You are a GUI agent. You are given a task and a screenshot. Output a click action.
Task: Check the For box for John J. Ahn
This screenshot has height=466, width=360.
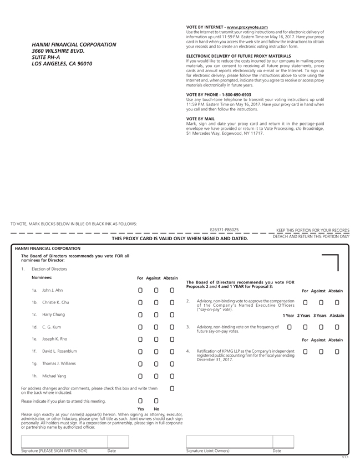click(140, 290)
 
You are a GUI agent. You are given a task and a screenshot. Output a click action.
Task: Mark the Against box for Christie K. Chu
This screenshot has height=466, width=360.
click(156, 302)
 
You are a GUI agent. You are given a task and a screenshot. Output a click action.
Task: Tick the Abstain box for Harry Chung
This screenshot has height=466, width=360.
click(172, 315)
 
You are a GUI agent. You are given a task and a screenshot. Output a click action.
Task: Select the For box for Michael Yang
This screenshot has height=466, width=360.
click(140, 376)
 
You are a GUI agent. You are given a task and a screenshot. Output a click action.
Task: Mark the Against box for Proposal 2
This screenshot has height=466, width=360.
click(321, 302)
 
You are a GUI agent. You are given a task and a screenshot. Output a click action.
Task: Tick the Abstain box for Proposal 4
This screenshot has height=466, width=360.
click(337, 351)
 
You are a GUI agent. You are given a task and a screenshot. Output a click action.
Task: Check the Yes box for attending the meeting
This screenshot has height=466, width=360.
click(140, 401)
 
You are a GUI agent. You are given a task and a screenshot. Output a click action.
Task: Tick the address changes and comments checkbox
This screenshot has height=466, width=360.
click(172, 388)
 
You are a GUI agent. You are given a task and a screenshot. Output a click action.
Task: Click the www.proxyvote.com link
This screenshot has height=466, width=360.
click(247, 27)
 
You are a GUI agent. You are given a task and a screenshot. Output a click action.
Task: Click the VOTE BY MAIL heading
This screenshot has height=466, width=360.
click(200, 119)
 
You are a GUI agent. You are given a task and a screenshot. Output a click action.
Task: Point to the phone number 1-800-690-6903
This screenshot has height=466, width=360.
click(235, 95)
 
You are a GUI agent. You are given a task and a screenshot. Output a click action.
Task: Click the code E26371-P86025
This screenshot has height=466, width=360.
click(224, 229)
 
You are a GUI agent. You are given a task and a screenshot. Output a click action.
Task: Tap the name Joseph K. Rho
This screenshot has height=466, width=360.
click(55, 339)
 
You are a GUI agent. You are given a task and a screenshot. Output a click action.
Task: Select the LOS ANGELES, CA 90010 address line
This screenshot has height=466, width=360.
click(62, 64)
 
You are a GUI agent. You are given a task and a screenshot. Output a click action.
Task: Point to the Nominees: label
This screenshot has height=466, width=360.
click(42, 277)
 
